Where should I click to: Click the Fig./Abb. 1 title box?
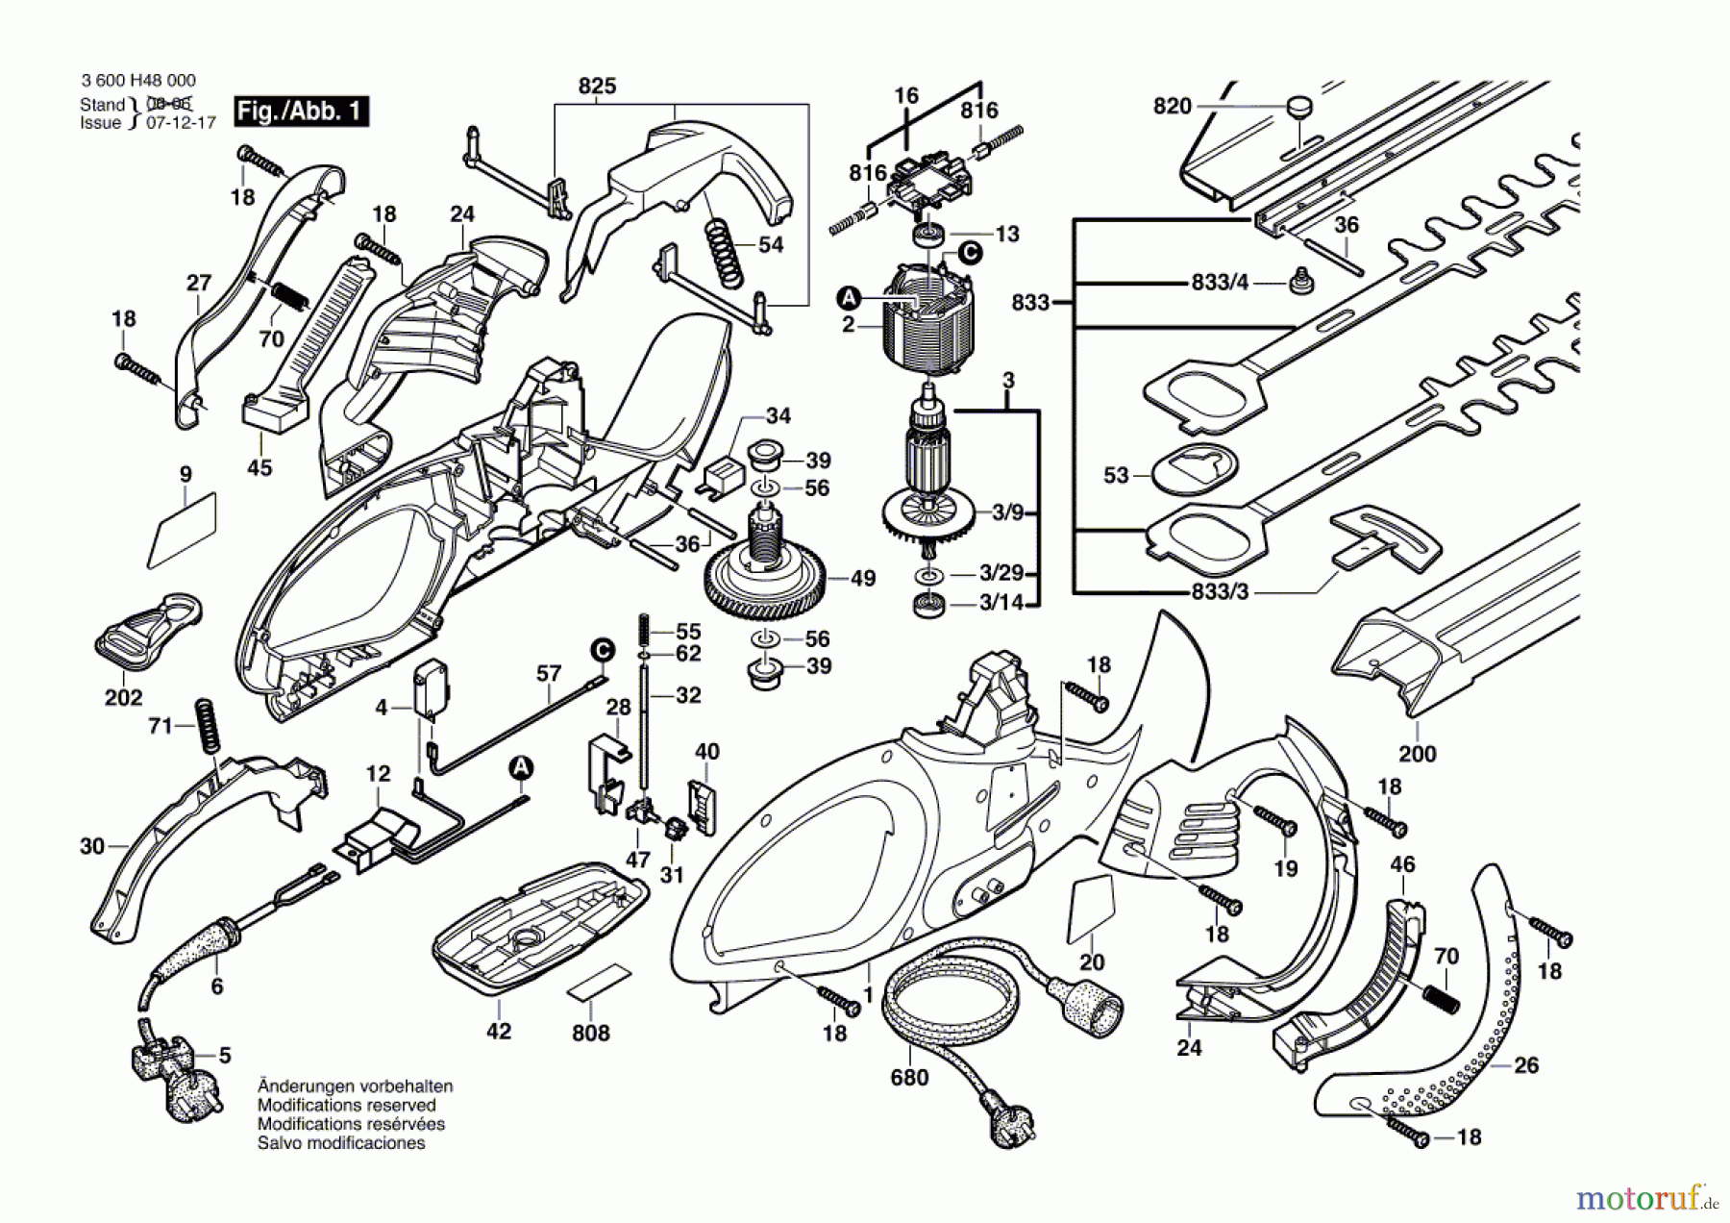[301, 112]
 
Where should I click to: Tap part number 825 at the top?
[597, 87]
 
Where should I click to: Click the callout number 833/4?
[1220, 283]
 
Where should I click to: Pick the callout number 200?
[1418, 754]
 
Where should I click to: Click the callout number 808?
[590, 1034]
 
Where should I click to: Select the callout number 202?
[123, 698]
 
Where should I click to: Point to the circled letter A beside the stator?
[849, 296]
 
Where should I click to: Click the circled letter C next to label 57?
[603, 651]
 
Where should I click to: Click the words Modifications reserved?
[346, 1106]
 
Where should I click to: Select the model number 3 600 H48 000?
[138, 82]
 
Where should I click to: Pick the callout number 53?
[1115, 475]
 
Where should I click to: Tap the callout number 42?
[499, 1032]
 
